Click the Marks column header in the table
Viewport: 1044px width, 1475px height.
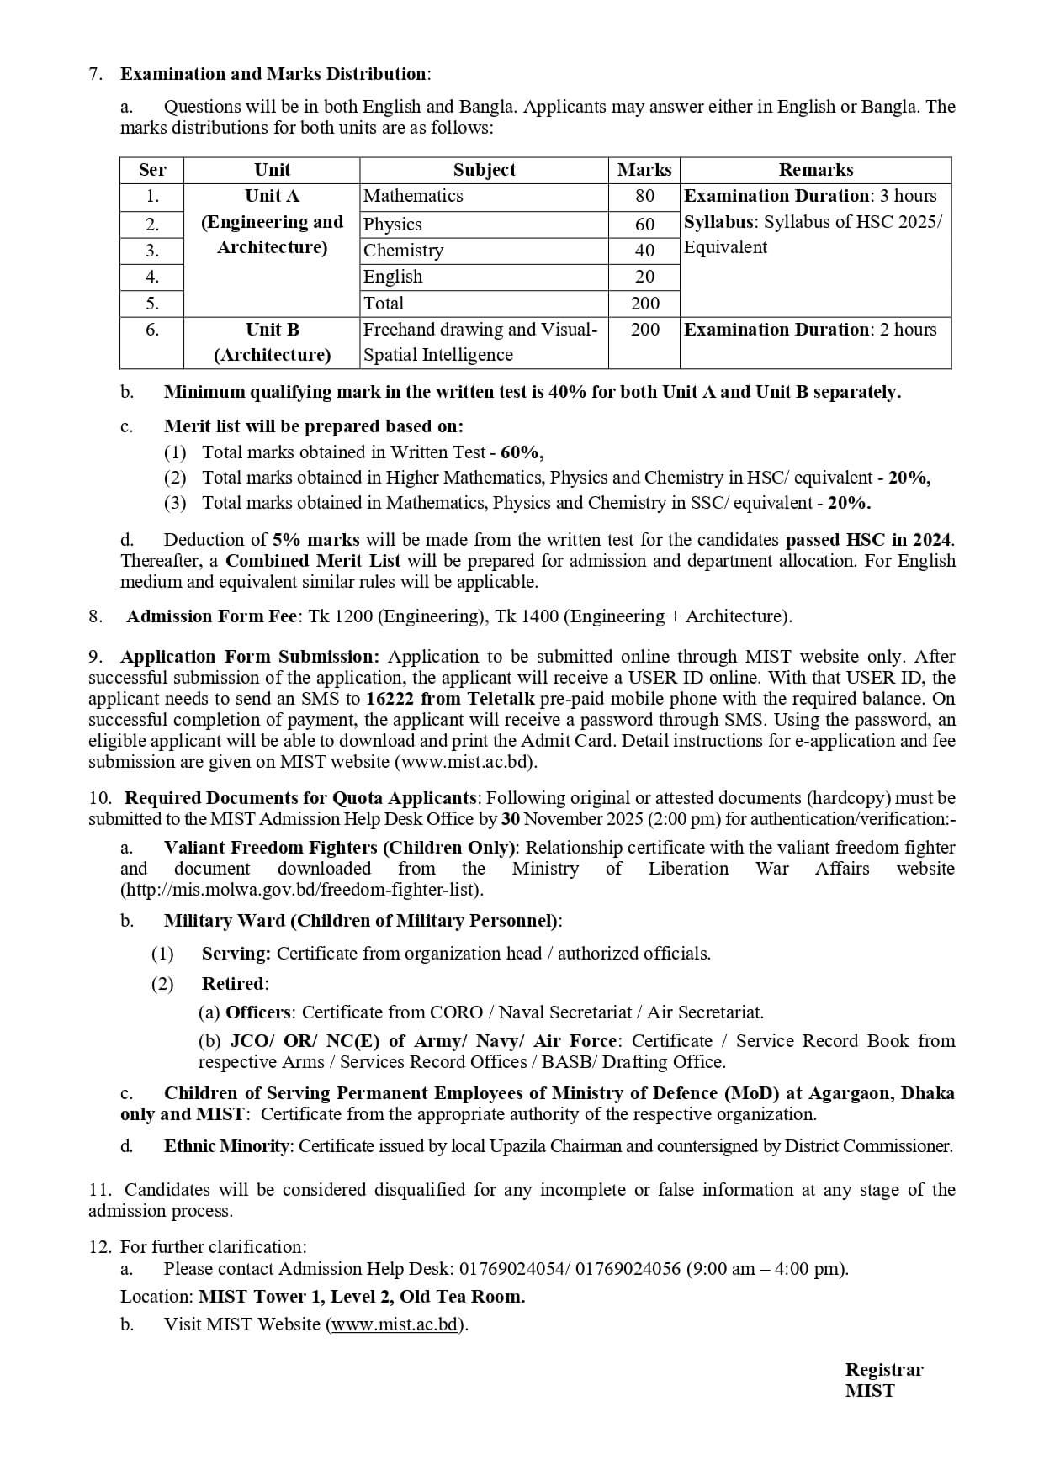644,170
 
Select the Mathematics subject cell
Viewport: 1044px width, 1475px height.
413,196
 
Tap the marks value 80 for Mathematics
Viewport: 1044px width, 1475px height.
644,196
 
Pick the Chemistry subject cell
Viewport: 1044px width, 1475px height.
403,251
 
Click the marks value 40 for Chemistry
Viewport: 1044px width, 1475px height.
644,251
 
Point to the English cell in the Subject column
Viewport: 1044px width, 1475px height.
393,277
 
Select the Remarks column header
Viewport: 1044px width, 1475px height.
815,170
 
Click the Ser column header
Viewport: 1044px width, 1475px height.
152,170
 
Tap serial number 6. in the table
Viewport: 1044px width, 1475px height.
152,330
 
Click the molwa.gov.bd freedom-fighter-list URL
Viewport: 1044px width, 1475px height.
302,890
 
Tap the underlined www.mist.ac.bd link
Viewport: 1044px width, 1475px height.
395,1324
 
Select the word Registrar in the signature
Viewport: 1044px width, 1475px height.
883,1370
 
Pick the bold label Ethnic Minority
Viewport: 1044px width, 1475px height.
226,1146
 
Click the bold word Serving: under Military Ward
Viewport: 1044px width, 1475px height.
236,954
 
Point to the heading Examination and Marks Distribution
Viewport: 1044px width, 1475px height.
273,74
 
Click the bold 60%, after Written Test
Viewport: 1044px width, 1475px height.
522,452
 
